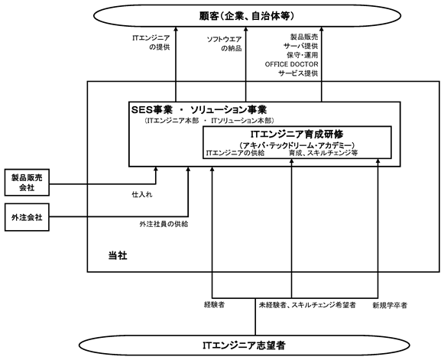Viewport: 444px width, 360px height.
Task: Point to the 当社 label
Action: (118, 256)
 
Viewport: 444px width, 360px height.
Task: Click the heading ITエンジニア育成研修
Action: (297, 134)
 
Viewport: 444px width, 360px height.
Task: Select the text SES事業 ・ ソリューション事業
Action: (199, 109)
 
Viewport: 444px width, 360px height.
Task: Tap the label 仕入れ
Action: (142, 195)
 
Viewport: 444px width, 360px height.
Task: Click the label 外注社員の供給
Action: (164, 224)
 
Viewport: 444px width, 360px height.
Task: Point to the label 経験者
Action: (214, 305)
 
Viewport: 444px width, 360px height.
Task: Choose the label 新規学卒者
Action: (390, 305)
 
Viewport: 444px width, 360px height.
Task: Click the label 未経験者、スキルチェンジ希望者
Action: (307, 305)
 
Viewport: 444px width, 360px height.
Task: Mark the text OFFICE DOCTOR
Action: (291, 64)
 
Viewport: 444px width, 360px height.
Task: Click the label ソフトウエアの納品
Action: (224, 44)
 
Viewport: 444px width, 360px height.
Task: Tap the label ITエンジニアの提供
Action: (151, 43)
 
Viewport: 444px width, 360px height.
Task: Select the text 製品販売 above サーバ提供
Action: (304, 37)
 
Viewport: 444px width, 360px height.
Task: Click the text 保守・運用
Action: (303, 55)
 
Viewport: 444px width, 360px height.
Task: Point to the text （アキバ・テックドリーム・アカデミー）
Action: (297, 145)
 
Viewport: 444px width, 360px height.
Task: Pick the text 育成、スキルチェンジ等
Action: (323, 153)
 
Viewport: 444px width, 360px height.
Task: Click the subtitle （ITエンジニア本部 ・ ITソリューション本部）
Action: (208, 121)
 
